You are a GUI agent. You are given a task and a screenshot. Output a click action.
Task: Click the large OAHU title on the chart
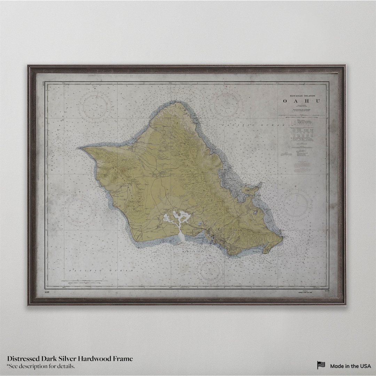pos(301,101)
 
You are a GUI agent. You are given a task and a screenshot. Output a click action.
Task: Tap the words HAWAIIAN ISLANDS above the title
pos(301,95)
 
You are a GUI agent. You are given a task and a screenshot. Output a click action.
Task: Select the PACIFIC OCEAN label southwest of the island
pos(101,271)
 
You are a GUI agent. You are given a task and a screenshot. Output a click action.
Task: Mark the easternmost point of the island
pos(281,238)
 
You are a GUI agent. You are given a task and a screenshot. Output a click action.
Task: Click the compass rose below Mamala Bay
pos(210,271)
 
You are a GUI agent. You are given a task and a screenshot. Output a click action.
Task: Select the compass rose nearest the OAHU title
pos(226,105)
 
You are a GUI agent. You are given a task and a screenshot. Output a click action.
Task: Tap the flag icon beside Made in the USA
pos(321,365)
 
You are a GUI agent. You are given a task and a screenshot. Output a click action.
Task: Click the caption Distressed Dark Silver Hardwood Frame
pos(70,359)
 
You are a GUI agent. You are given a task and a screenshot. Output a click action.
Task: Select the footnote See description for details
pos(41,366)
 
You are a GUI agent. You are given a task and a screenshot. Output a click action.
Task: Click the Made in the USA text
pos(350,366)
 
